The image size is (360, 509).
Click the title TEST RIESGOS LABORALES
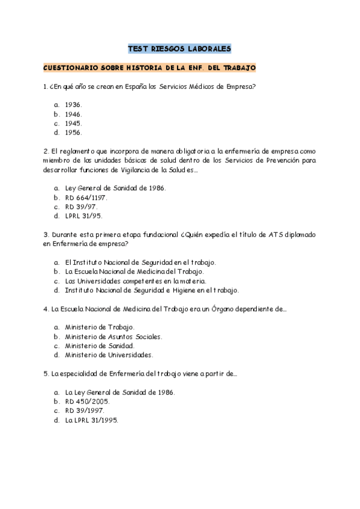click(180, 48)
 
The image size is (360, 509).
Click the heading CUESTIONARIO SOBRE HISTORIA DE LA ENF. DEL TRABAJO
click(150, 68)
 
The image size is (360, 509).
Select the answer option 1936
click(73, 104)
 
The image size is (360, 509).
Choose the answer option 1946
click(73, 113)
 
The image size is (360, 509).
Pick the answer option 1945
click(73, 123)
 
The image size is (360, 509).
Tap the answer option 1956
click(73, 132)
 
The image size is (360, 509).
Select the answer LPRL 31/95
click(84, 216)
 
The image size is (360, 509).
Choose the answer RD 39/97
click(81, 206)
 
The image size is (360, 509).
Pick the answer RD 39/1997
click(85, 411)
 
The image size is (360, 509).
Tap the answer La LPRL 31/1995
click(92, 420)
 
